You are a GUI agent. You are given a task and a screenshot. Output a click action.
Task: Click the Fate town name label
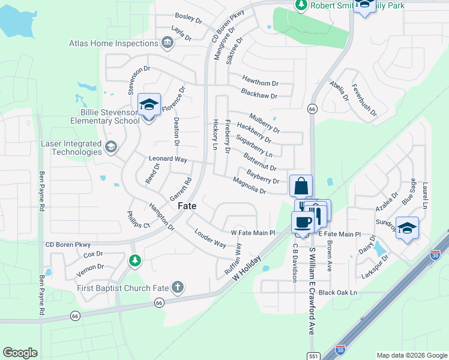click(187, 205)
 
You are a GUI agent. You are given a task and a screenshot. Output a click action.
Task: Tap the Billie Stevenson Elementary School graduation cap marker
click(149, 105)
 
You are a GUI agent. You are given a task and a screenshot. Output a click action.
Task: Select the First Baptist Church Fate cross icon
click(177, 287)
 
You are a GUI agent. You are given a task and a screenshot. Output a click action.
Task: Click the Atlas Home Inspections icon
click(167, 43)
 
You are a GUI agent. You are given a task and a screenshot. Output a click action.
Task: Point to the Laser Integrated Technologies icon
click(110, 147)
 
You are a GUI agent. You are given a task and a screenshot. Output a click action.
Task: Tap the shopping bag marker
click(301, 185)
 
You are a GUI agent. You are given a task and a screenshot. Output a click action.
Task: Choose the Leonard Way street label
click(168, 160)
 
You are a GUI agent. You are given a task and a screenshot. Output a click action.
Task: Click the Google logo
click(20, 352)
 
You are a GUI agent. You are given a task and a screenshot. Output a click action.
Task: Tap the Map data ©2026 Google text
click(411, 355)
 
